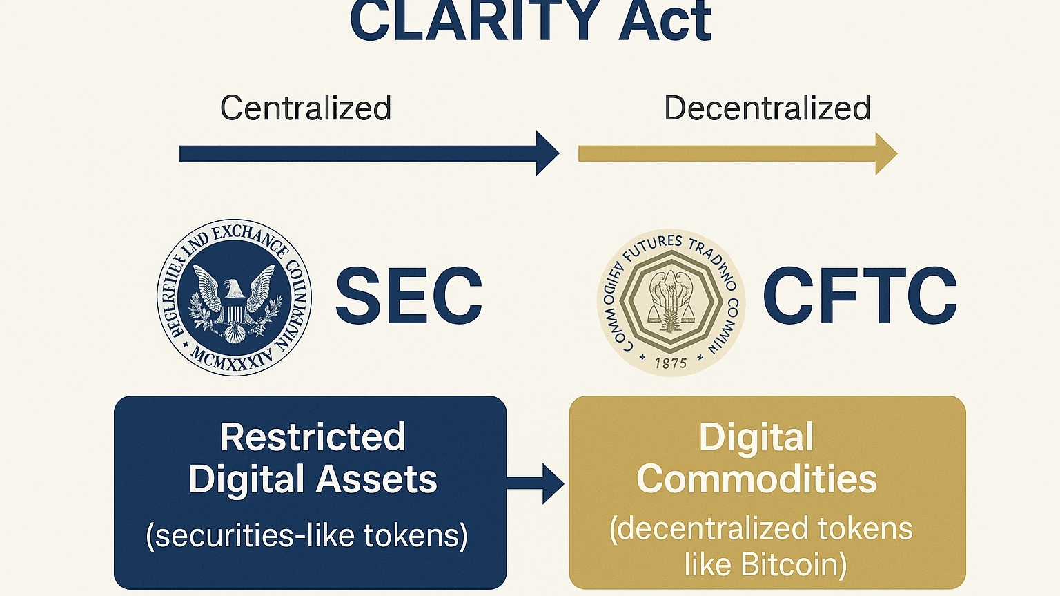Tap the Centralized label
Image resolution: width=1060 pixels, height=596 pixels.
pyautogui.click(x=306, y=108)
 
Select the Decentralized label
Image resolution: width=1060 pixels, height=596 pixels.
pyautogui.click(x=767, y=108)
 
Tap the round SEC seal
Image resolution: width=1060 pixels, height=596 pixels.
pyautogui.click(x=234, y=298)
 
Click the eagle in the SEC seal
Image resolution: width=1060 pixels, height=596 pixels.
pyautogui.click(x=234, y=297)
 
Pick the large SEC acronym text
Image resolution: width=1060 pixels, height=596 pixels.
pyautogui.click(x=409, y=296)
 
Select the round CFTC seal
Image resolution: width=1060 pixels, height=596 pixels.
pyautogui.click(x=671, y=302)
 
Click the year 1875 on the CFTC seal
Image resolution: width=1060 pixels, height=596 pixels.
pyautogui.click(x=670, y=363)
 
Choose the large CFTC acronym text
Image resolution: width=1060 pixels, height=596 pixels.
pyautogui.click(x=860, y=296)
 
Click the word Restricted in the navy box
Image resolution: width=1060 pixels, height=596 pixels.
pyautogui.click(x=313, y=437)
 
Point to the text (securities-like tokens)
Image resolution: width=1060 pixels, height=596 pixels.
pyautogui.click(x=307, y=535)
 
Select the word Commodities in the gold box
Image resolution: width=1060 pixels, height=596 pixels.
pyautogui.click(x=756, y=479)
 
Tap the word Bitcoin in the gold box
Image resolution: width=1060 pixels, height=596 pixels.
pyautogui.click(x=794, y=565)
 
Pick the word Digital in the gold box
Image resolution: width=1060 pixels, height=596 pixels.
pyautogui.click(x=756, y=438)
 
